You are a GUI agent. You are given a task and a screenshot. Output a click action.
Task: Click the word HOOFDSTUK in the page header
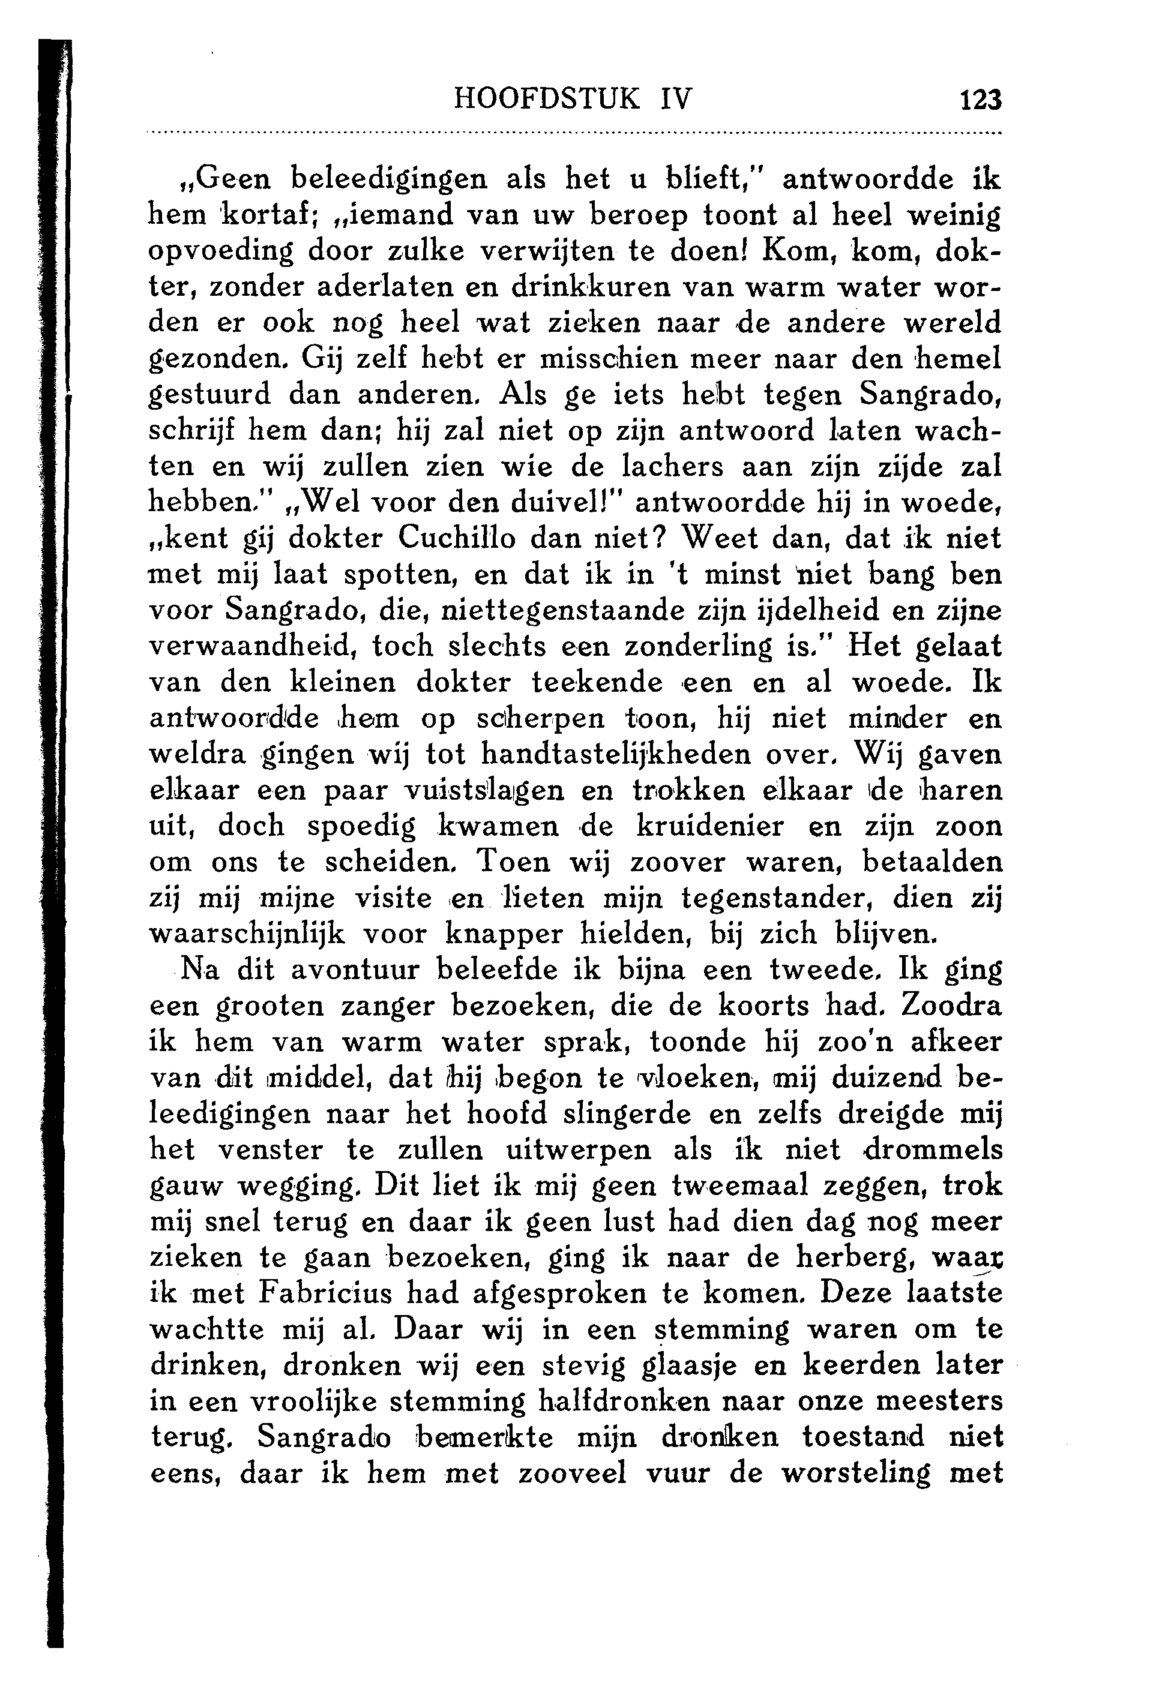pyautogui.click(x=547, y=98)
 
